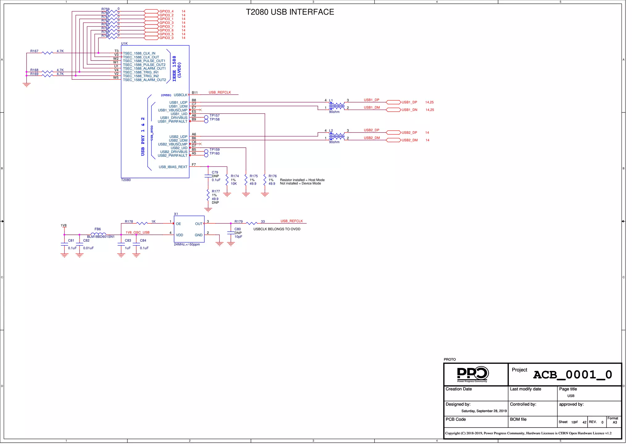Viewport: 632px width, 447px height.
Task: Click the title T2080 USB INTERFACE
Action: pyautogui.click(x=290, y=12)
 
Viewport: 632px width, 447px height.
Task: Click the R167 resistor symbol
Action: pyautogui.click(x=47, y=53)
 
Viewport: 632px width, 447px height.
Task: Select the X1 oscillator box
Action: pyautogui.click(x=189, y=229)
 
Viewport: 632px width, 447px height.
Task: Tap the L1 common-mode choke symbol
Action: pyautogui.click(x=337, y=106)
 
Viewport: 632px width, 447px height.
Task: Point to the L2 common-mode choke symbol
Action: pyautogui.click(x=337, y=136)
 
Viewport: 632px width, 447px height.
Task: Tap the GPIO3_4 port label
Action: pyautogui.click(x=166, y=11)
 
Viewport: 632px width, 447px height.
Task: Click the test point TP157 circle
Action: pyautogui.click(x=206, y=117)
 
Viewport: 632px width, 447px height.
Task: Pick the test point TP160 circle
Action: pyautogui.click(x=206, y=155)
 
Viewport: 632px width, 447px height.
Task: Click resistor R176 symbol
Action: pyautogui.click(x=265, y=180)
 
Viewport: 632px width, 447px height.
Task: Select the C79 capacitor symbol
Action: pyautogui.click(x=208, y=176)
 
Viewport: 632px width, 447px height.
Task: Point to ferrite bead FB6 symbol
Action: pyautogui.click(x=98, y=234)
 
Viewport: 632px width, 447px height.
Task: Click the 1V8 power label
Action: pyautogui.click(x=64, y=226)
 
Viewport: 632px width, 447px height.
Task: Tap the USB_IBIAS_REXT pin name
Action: pyautogui.click(x=173, y=167)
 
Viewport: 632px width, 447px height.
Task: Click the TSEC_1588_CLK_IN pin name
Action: pyautogui.click(x=139, y=53)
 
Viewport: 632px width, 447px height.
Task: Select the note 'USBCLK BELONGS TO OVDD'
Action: pyautogui.click(x=277, y=229)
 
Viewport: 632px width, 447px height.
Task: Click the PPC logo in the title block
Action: pyautogui.click(x=472, y=374)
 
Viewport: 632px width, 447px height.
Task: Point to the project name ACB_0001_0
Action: pyautogui.click(x=572, y=375)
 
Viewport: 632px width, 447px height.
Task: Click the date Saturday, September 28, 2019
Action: pyautogui.click(x=484, y=411)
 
